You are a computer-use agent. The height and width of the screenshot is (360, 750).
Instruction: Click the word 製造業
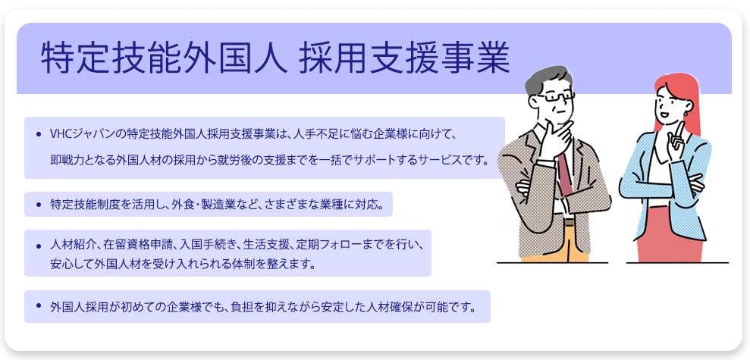click(218, 204)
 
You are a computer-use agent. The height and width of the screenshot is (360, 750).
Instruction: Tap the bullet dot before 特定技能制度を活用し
click(38, 204)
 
